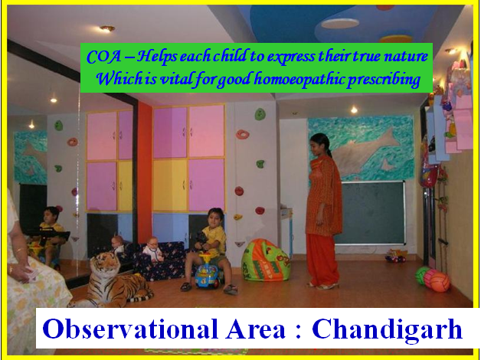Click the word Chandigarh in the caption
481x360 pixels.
click(x=387, y=329)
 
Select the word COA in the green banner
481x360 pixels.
click(x=103, y=57)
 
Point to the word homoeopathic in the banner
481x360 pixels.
click(x=299, y=80)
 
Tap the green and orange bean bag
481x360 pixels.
click(x=265, y=260)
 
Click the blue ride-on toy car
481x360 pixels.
click(x=208, y=271)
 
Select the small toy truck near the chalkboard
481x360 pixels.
click(x=396, y=256)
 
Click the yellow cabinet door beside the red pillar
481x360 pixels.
click(x=170, y=185)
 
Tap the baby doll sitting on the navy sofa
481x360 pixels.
click(x=152, y=249)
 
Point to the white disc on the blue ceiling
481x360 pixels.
click(x=340, y=23)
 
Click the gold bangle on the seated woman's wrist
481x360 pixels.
click(x=20, y=250)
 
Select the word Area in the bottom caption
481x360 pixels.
click(x=256, y=329)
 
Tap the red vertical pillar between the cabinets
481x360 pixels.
click(x=145, y=172)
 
